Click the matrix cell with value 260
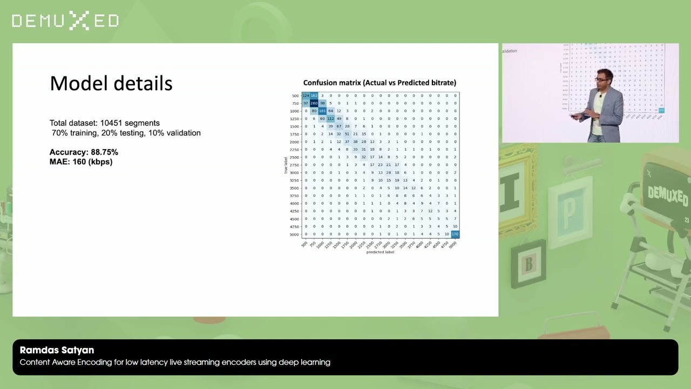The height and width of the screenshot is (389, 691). [x=314, y=103]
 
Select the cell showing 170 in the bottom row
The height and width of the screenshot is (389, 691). [x=455, y=234]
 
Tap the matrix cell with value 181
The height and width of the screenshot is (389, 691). [x=322, y=111]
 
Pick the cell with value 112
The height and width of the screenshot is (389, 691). [x=330, y=119]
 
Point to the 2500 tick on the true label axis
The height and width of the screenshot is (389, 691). [x=294, y=157]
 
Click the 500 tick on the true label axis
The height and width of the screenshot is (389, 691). [x=295, y=96]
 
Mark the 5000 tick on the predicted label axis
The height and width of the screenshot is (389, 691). [x=453, y=244]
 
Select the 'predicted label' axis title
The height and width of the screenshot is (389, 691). [x=380, y=252]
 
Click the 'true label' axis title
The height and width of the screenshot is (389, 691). [x=286, y=165]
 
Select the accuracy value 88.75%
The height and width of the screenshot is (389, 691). [x=104, y=152]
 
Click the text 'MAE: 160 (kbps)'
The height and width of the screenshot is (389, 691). [x=81, y=162]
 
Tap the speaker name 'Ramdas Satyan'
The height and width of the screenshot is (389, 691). [x=57, y=350]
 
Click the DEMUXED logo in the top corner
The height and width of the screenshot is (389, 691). [x=65, y=21]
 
